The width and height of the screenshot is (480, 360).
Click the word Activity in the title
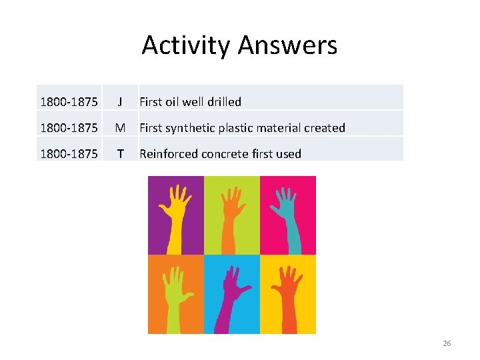point(186,45)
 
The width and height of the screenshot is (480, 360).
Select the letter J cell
point(120,102)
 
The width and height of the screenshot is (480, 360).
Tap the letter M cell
point(120,128)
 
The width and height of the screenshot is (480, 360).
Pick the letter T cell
point(120,154)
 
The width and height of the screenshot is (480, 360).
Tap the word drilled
point(223,102)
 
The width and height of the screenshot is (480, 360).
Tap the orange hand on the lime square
point(231,213)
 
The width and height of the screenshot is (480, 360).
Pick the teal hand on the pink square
point(286,213)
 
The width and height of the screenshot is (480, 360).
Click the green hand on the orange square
point(175,293)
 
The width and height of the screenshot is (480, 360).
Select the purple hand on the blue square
point(232,293)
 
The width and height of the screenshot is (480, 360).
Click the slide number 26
point(447,343)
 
